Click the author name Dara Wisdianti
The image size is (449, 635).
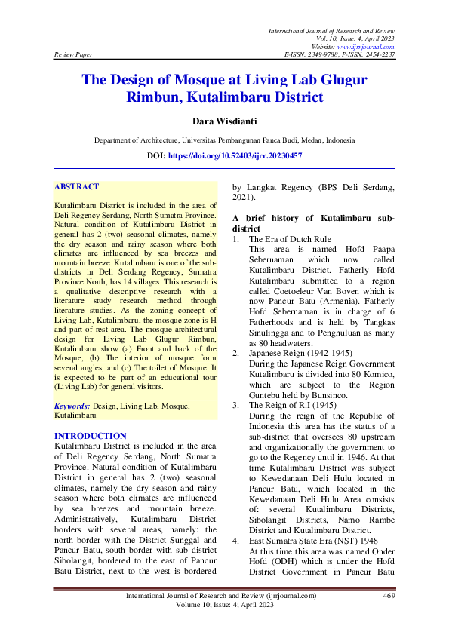click(224, 121)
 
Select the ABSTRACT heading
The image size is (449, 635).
click(76, 186)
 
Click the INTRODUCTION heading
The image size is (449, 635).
click(91, 436)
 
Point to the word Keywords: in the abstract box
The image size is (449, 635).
click(73, 406)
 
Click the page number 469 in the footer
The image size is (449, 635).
click(389, 595)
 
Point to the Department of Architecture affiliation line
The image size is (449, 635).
click(224, 140)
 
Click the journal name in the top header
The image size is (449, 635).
click(331, 29)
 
